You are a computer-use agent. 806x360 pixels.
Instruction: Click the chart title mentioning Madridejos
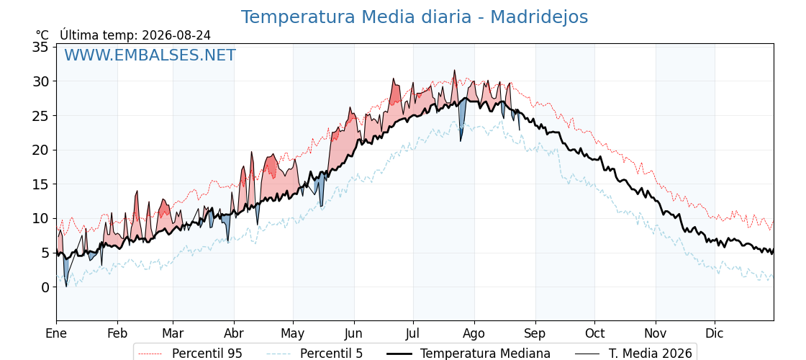click(415, 17)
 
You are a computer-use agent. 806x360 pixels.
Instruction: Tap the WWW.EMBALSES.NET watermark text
click(150, 55)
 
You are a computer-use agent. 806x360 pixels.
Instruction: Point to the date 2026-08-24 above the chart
click(176, 35)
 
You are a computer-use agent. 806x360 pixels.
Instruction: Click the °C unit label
click(42, 35)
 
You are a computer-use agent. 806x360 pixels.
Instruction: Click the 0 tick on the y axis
click(46, 287)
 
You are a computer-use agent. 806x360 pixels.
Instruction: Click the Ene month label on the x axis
click(57, 333)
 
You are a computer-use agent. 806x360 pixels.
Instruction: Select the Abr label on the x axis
click(234, 333)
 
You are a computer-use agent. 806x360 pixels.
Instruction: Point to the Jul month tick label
click(413, 333)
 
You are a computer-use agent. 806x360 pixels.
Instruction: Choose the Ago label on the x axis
click(474, 333)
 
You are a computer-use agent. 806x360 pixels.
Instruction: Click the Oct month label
click(594, 333)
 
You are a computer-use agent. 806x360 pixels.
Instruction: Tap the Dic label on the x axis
click(715, 333)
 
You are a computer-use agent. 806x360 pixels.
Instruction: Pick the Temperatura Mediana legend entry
click(467, 354)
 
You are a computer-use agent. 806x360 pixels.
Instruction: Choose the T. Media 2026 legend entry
click(633, 354)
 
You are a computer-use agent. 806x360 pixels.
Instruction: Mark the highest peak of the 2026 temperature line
click(454, 70)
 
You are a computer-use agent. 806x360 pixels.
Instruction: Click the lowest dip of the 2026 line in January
click(65, 287)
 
